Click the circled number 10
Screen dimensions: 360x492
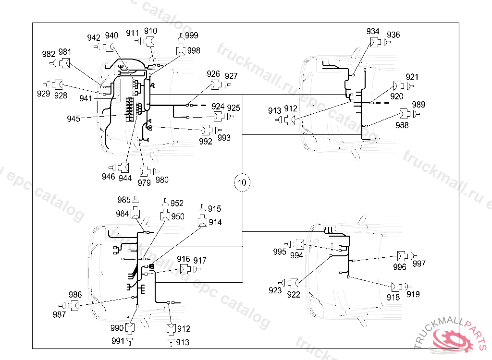point(242,182)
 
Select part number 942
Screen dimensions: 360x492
point(94,37)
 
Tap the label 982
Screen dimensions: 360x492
point(49,54)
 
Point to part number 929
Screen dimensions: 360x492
point(44,94)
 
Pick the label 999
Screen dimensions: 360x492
point(191,35)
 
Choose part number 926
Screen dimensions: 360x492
point(213,74)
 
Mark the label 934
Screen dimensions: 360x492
point(373,32)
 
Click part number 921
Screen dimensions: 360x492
point(412,77)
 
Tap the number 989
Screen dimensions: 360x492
point(418,105)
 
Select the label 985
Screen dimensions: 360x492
point(124,200)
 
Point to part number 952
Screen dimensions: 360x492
point(177,203)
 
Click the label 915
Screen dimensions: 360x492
point(214,209)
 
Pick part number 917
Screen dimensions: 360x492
point(200,260)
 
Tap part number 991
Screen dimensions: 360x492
point(118,340)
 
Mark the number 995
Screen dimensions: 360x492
point(280,252)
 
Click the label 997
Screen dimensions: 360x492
point(419,264)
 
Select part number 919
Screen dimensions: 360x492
point(413,294)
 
